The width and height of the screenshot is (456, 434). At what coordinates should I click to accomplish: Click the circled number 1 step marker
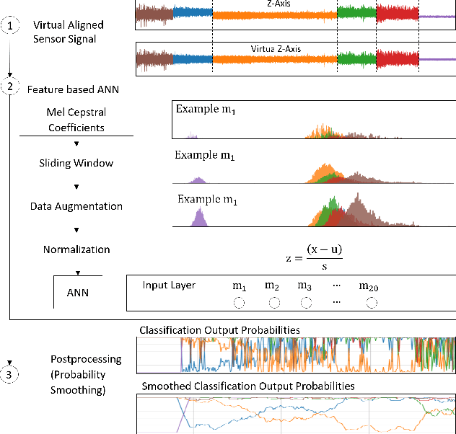(x=10, y=25)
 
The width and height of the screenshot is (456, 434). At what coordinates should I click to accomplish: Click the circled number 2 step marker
(x=10, y=88)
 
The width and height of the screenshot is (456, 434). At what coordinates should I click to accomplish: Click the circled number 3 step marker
(x=10, y=373)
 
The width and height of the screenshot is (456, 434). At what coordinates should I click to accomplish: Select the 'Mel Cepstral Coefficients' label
(x=76, y=120)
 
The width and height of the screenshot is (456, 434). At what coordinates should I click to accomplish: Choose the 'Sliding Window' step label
(x=76, y=163)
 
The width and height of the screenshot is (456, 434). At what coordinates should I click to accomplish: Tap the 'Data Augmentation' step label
(x=76, y=206)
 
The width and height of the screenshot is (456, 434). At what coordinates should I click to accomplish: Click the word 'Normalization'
(x=76, y=249)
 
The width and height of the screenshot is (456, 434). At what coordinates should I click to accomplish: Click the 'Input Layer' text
(x=169, y=285)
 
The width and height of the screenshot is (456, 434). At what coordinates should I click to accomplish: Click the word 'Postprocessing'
(x=86, y=358)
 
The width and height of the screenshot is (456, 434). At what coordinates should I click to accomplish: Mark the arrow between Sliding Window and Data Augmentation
(x=76, y=185)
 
